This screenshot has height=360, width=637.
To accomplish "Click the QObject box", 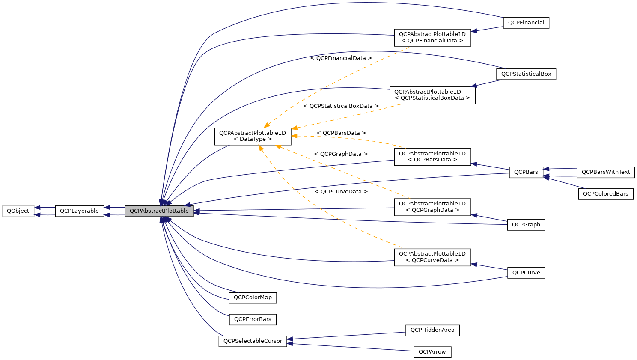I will [x=18, y=211].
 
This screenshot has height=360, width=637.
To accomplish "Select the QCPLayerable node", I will [x=79, y=211].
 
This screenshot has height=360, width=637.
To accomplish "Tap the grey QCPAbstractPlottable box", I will [x=159, y=211].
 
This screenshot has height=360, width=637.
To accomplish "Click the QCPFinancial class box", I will [x=526, y=23].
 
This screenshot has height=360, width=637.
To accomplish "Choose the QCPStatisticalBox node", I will [x=526, y=74].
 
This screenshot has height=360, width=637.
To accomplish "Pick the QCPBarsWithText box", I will [x=605, y=172].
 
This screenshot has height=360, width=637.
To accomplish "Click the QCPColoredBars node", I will [x=605, y=194].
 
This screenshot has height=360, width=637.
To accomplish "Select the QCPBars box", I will [x=526, y=172].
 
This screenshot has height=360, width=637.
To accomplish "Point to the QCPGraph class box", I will [x=526, y=225].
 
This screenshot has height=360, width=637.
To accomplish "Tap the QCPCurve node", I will [x=526, y=273].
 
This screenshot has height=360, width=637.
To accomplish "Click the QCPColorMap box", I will [x=253, y=298].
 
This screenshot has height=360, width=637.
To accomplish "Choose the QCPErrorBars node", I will [x=253, y=319].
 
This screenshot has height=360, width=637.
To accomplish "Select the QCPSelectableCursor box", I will [x=253, y=341].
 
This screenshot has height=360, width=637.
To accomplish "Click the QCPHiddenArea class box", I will [x=432, y=330].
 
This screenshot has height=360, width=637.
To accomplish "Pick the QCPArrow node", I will [x=432, y=352].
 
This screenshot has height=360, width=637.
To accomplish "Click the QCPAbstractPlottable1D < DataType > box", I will [x=253, y=136].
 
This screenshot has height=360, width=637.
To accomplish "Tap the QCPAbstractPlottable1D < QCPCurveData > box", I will [x=432, y=257].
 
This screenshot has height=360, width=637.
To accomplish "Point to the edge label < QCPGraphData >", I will [x=340, y=154].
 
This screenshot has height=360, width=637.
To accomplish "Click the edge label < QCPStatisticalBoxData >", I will [x=341, y=106].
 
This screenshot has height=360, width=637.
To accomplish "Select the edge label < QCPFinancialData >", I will [x=341, y=58].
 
